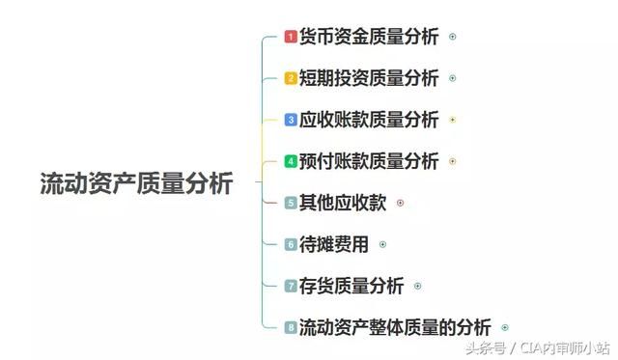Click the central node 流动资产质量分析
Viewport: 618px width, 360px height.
coord(136,183)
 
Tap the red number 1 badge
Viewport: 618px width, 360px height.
coord(291,38)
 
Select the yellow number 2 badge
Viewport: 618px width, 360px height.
coord(291,78)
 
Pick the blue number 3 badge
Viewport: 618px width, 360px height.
coord(291,120)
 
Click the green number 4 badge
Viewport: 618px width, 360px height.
coord(291,161)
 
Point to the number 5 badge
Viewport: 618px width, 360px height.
coord(291,203)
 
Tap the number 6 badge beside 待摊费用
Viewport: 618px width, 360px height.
coord(291,244)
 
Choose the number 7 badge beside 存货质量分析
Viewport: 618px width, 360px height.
coord(291,286)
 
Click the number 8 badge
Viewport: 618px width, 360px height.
coord(291,327)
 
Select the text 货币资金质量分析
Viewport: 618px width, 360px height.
coord(369,38)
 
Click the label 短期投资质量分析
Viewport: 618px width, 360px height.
coord(369,78)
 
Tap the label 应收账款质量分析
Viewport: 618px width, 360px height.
coord(369,120)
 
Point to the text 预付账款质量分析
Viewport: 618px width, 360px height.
coord(369,161)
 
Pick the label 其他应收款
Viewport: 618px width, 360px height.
coord(343,203)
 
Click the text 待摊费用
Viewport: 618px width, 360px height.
coord(334,244)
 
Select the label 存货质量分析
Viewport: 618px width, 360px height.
coord(351,286)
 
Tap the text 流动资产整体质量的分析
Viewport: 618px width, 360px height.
coord(395,327)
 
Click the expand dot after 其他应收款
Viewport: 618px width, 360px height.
coord(401,203)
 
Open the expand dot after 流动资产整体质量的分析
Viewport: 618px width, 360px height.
coord(505,327)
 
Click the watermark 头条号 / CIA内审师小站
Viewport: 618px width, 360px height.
coord(540,347)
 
